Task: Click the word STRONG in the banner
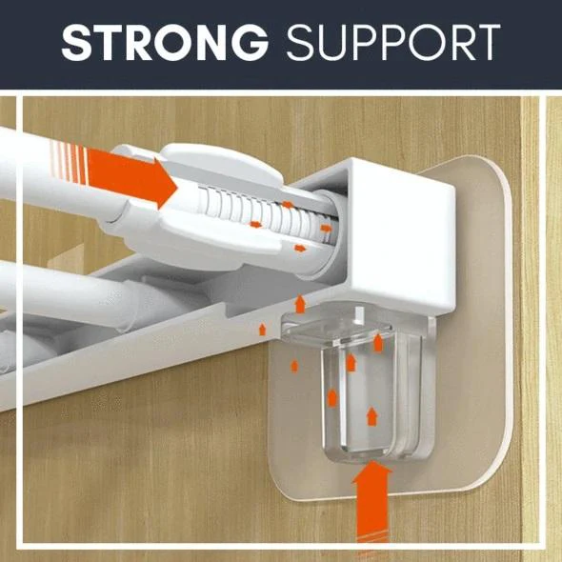coord(165,43)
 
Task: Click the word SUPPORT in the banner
coord(393,43)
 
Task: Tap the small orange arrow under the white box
coord(300,304)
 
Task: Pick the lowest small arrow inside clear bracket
coord(372,416)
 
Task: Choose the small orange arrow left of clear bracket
coord(294,367)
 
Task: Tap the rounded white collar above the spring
coord(222,161)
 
